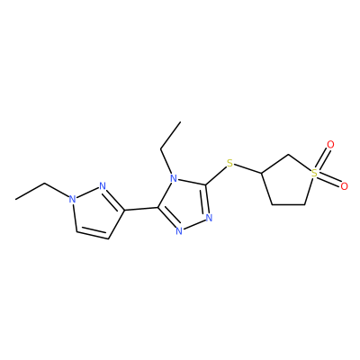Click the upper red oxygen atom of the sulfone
tap(330, 145)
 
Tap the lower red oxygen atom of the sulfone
tap(344, 186)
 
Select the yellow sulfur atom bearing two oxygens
tap(314, 173)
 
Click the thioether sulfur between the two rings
tap(229, 164)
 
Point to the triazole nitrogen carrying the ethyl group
tap(173, 180)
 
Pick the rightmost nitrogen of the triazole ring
tap(209, 218)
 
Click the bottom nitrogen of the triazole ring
tap(179, 231)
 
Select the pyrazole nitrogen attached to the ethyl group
tap(71, 199)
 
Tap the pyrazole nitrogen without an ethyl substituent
tap(103, 186)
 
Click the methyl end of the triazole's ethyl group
tap(181, 121)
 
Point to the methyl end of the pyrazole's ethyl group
tap(15, 199)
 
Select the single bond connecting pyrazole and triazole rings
tap(141, 209)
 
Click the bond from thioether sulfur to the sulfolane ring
tap(247, 169)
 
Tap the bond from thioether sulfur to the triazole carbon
tap(215, 175)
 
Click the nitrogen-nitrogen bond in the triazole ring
tap(194, 224)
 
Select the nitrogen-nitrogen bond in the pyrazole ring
tap(87, 193)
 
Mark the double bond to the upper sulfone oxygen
tap(323, 158)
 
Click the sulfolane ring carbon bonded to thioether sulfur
tap(262, 173)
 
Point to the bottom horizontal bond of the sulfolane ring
tap(288, 205)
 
